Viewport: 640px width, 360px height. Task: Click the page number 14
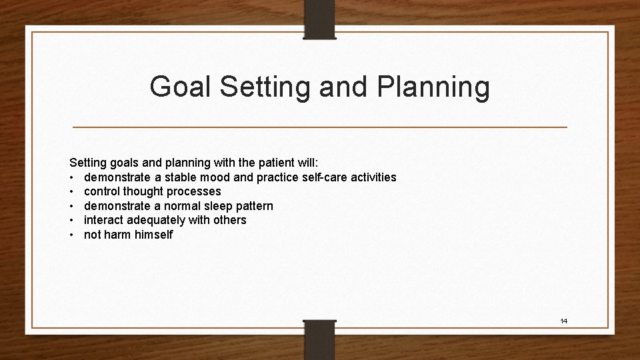[563, 321]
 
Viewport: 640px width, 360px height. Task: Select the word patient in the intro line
[267, 163]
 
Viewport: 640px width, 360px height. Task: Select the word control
[103, 191]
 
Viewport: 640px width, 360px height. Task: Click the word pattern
[255, 206]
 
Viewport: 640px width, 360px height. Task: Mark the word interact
[105, 220]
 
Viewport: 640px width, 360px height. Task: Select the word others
[229, 220]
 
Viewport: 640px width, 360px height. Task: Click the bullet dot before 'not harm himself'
[73, 235]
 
